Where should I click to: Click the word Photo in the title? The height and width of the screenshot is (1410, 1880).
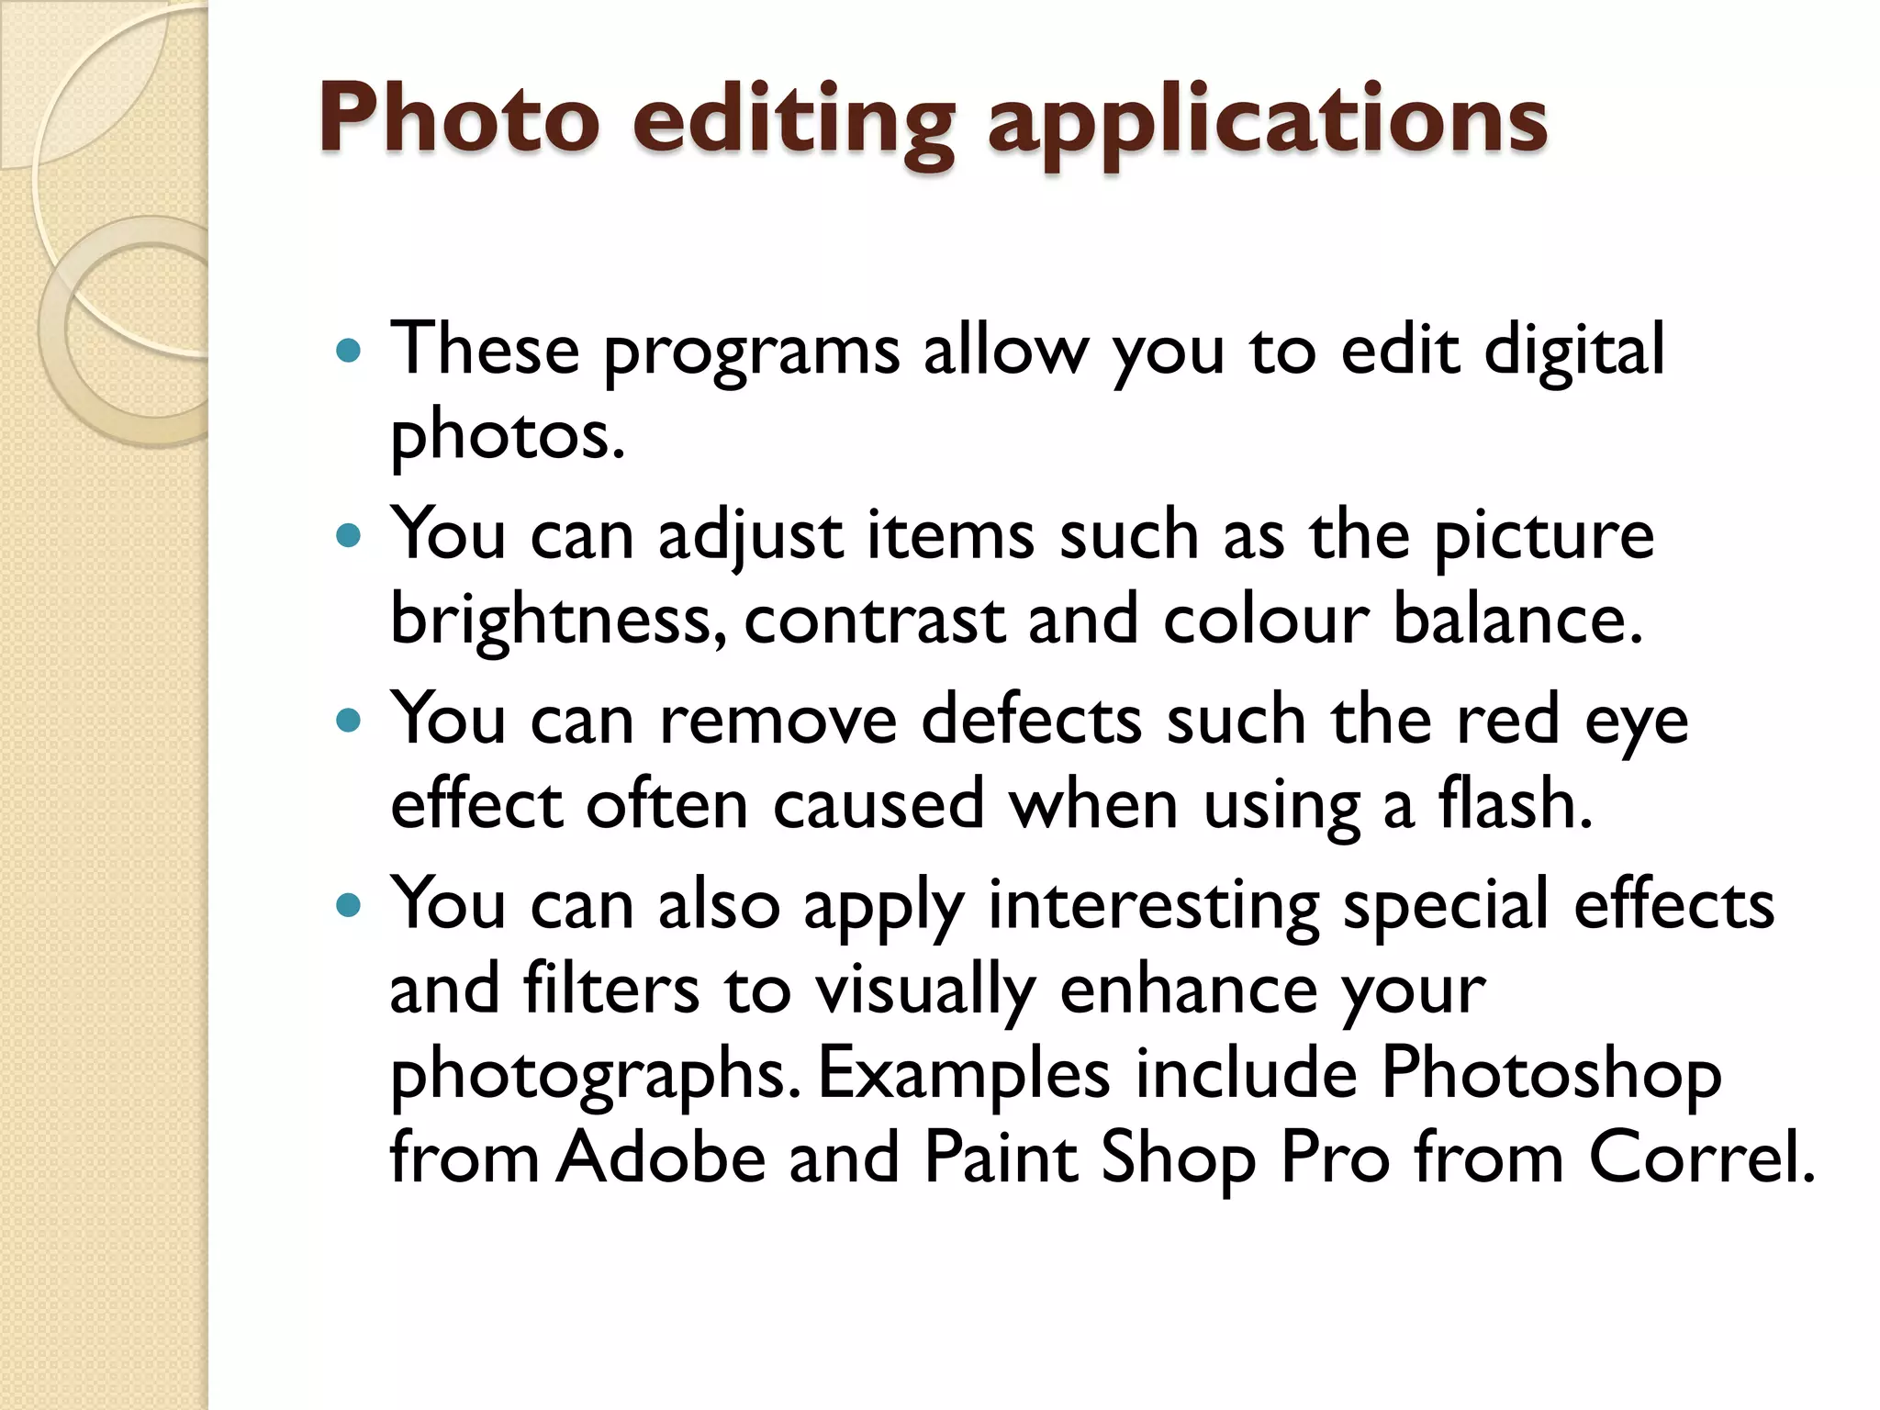tap(459, 119)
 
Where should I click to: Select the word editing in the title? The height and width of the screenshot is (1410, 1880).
tap(794, 124)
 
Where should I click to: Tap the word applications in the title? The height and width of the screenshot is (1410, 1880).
tap(1268, 124)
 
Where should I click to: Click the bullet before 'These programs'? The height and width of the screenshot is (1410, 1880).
tap(349, 350)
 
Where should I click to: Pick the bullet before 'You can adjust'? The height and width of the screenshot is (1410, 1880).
tap(349, 535)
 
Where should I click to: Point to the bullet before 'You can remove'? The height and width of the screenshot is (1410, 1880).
tap(349, 721)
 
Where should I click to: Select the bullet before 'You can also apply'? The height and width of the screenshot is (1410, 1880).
tap(349, 906)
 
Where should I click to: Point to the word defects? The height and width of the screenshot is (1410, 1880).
tap(1032, 721)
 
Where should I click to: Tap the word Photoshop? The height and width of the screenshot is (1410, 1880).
tap(1550, 1075)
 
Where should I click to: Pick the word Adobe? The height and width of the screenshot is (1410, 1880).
tap(662, 1158)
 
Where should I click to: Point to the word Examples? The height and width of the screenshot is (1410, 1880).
tap(964, 1075)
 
